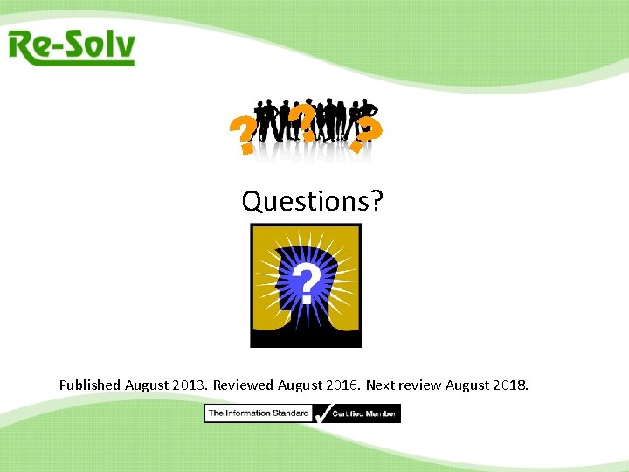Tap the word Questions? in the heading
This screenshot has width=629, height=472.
tap(313, 202)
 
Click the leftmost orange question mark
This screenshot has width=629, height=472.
tap(242, 137)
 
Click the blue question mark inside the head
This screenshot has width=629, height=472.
tap(305, 285)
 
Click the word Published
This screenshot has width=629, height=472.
tap(90, 385)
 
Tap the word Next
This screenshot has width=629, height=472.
tap(380, 385)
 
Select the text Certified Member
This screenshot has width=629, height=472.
tap(364, 413)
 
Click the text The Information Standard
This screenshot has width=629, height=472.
tap(258, 413)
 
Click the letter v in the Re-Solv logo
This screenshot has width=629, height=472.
tap(124, 49)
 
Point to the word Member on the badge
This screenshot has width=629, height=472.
tap(381, 413)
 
